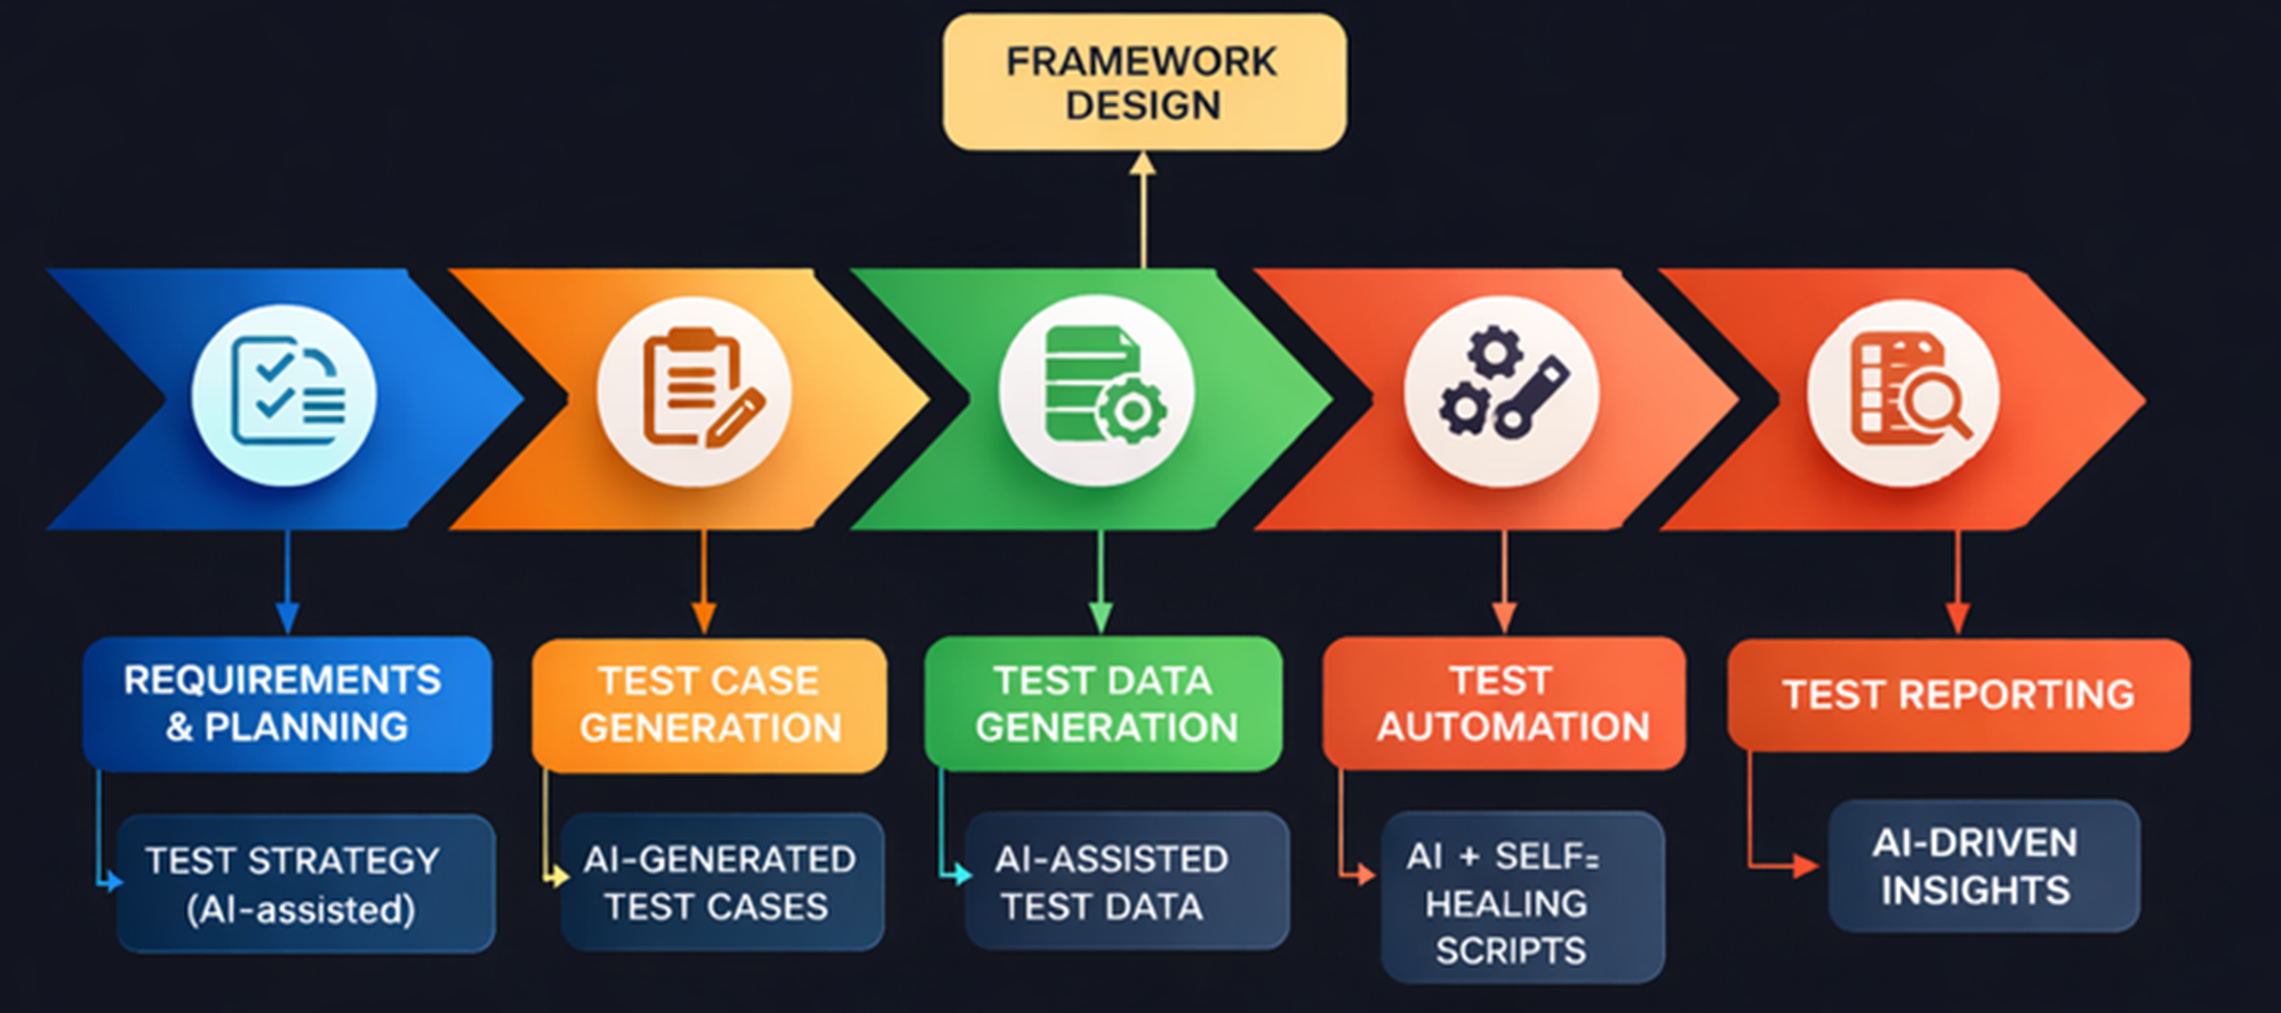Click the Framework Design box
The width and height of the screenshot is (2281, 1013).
tap(1144, 81)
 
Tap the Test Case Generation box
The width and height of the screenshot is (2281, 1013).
tap(709, 705)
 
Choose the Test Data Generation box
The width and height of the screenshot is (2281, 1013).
tap(1103, 704)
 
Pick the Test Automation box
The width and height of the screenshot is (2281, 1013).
tap(1503, 704)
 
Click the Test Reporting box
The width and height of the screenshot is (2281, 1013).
tap(1958, 695)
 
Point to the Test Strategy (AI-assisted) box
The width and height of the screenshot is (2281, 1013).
tap(305, 884)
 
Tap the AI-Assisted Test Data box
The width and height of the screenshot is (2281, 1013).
tap(1126, 881)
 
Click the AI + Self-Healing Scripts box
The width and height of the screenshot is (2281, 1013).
tap(1522, 898)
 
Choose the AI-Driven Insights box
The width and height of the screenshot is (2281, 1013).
tap(1983, 866)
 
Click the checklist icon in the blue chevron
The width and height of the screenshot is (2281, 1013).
tap(285, 395)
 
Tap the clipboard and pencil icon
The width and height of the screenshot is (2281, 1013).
tap(694, 391)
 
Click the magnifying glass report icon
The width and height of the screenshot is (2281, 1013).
tap(1904, 393)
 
